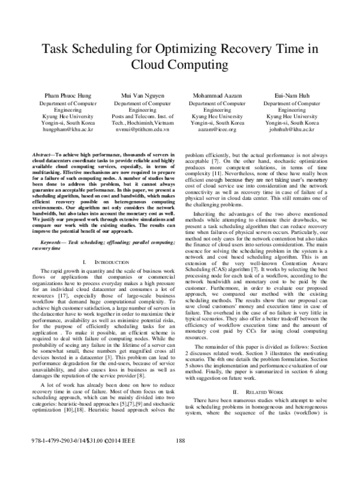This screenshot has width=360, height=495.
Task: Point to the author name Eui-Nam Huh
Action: (292, 95)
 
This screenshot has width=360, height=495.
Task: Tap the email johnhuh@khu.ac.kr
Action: (292, 129)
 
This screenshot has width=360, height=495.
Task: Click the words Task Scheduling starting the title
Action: (83, 49)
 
